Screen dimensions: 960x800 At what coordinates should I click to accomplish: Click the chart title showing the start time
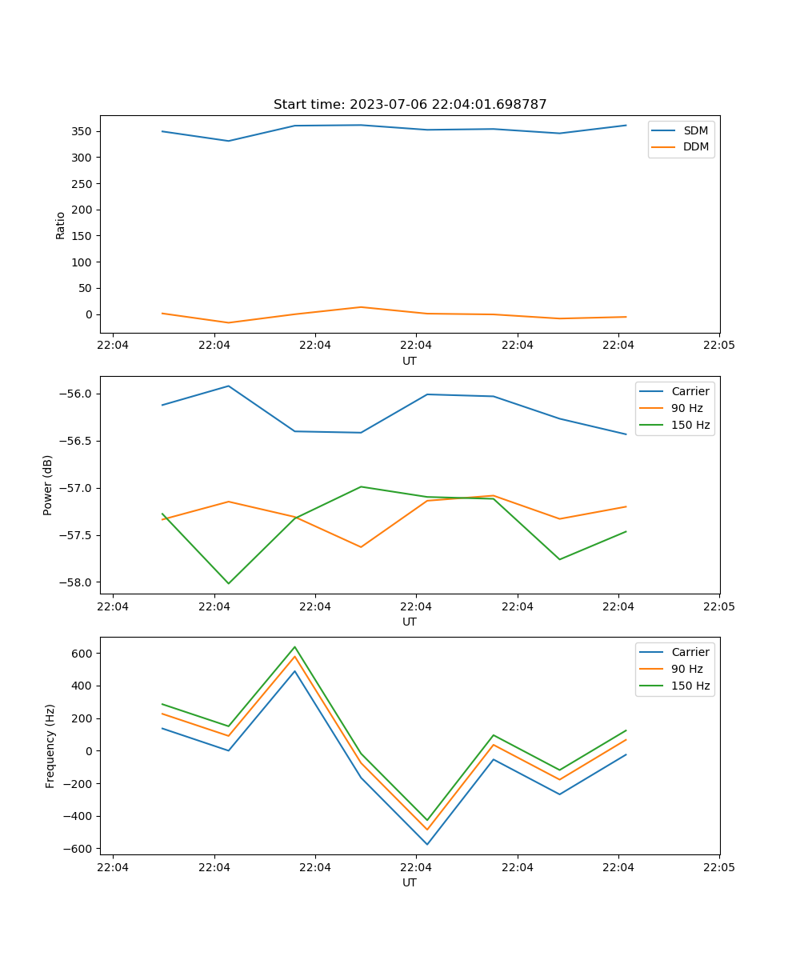pos(410,105)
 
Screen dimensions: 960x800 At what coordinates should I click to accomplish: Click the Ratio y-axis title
pos(61,226)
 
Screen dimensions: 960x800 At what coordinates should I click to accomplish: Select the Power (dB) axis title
pos(48,485)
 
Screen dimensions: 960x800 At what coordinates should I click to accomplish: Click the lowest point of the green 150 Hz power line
pos(229,583)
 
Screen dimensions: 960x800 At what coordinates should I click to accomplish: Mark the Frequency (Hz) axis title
pos(50,746)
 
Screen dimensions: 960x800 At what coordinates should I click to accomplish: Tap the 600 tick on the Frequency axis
pos(83,653)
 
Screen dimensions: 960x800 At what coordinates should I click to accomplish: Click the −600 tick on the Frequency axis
pos(80,849)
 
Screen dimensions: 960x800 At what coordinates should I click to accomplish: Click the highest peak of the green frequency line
pos(294,646)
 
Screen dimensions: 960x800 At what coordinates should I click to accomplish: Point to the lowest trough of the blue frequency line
pos(427,844)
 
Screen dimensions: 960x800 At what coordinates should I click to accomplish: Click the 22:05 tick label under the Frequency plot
pos(718,866)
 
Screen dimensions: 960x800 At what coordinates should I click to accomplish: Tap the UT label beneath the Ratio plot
pos(410,361)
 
